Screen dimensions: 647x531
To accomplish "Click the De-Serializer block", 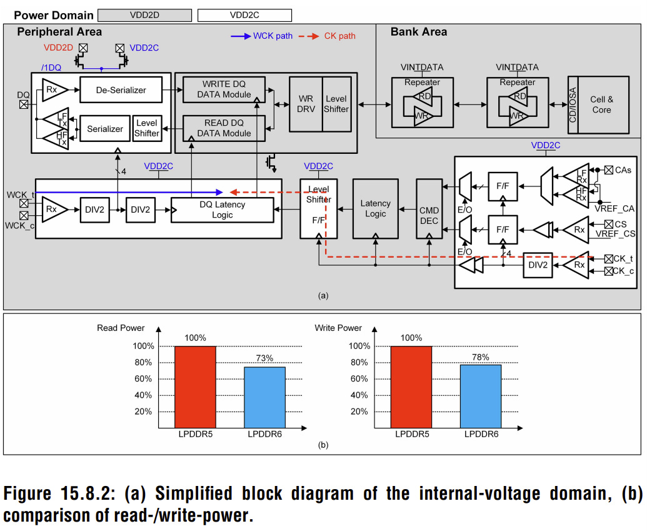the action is coord(121,89).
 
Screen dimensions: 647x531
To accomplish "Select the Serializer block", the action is coord(105,129).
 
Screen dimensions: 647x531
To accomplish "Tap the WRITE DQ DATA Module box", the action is coord(224,89).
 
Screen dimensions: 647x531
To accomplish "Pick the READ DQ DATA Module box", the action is coord(224,128).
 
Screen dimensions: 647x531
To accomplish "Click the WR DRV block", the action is coord(306,104).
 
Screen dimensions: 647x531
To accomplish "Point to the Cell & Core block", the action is coord(603,104).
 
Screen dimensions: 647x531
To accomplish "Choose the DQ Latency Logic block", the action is coord(223,210).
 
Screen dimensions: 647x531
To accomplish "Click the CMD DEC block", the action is coord(429,208).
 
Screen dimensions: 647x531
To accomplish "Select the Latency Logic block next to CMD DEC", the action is coord(376,208).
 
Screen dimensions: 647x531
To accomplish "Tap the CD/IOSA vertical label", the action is coord(573,105).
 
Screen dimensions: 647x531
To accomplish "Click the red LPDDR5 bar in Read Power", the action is coord(195,387).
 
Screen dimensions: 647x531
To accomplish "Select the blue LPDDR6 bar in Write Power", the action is coord(481,397).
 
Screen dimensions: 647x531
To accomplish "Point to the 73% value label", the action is coord(264,358).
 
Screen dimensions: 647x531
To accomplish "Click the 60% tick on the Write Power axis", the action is coord(359,378).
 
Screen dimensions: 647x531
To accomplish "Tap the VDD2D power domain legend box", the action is coord(145,15).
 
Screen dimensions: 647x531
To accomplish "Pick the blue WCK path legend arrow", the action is coord(241,36).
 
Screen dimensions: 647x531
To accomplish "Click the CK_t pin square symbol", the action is coord(609,259).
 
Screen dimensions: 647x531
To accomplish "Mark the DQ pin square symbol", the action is coord(24,104).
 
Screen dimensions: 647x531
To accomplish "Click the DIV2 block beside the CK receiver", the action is coord(538,265).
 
